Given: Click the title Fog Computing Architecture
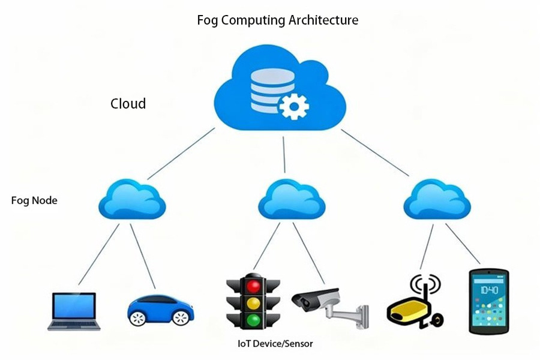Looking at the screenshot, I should pyautogui.click(x=278, y=20).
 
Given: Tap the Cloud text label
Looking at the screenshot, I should pyautogui.click(x=128, y=103).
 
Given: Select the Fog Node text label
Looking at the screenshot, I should pyautogui.click(x=34, y=200).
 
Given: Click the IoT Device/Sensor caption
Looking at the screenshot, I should pyautogui.click(x=275, y=344).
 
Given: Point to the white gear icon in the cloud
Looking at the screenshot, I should pyautogui.click(x=293, y=106).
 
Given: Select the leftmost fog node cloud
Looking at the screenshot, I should pyautogui.click(x=132, y=200).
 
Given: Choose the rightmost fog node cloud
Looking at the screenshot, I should pyautogui.click(x=437, y=200).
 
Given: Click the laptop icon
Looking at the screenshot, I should pyautogui.click(x=74, y=311).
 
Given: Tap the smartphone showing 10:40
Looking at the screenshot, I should pyautogui.click(x=488, y=301).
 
